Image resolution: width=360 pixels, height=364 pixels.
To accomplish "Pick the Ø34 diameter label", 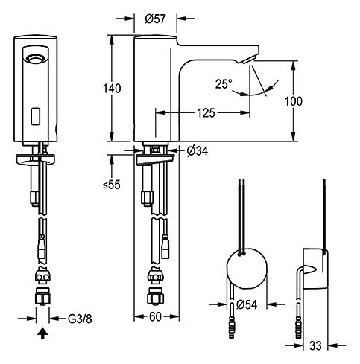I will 196,151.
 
